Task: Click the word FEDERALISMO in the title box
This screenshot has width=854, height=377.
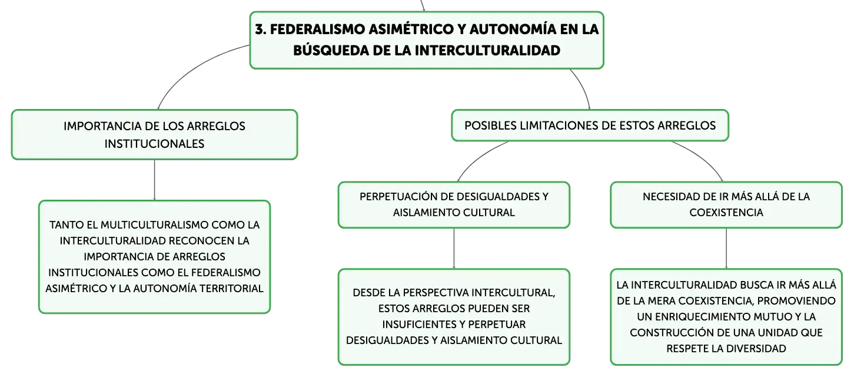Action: tap(317, 29)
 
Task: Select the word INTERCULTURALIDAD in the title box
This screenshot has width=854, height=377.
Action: tap(487, 51)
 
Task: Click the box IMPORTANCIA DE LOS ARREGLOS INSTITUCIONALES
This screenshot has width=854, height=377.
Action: tap(154, 135)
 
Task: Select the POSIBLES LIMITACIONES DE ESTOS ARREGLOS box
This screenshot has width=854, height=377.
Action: tap(590, 125)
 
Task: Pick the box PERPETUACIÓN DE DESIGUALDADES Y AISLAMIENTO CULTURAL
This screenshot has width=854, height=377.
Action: tap(454, 205)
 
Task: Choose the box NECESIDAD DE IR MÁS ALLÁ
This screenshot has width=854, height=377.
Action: tap(726, 205)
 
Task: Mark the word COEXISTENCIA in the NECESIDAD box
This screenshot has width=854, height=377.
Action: tap(726, 213)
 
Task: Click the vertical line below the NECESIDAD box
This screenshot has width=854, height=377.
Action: tap(726, 249)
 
